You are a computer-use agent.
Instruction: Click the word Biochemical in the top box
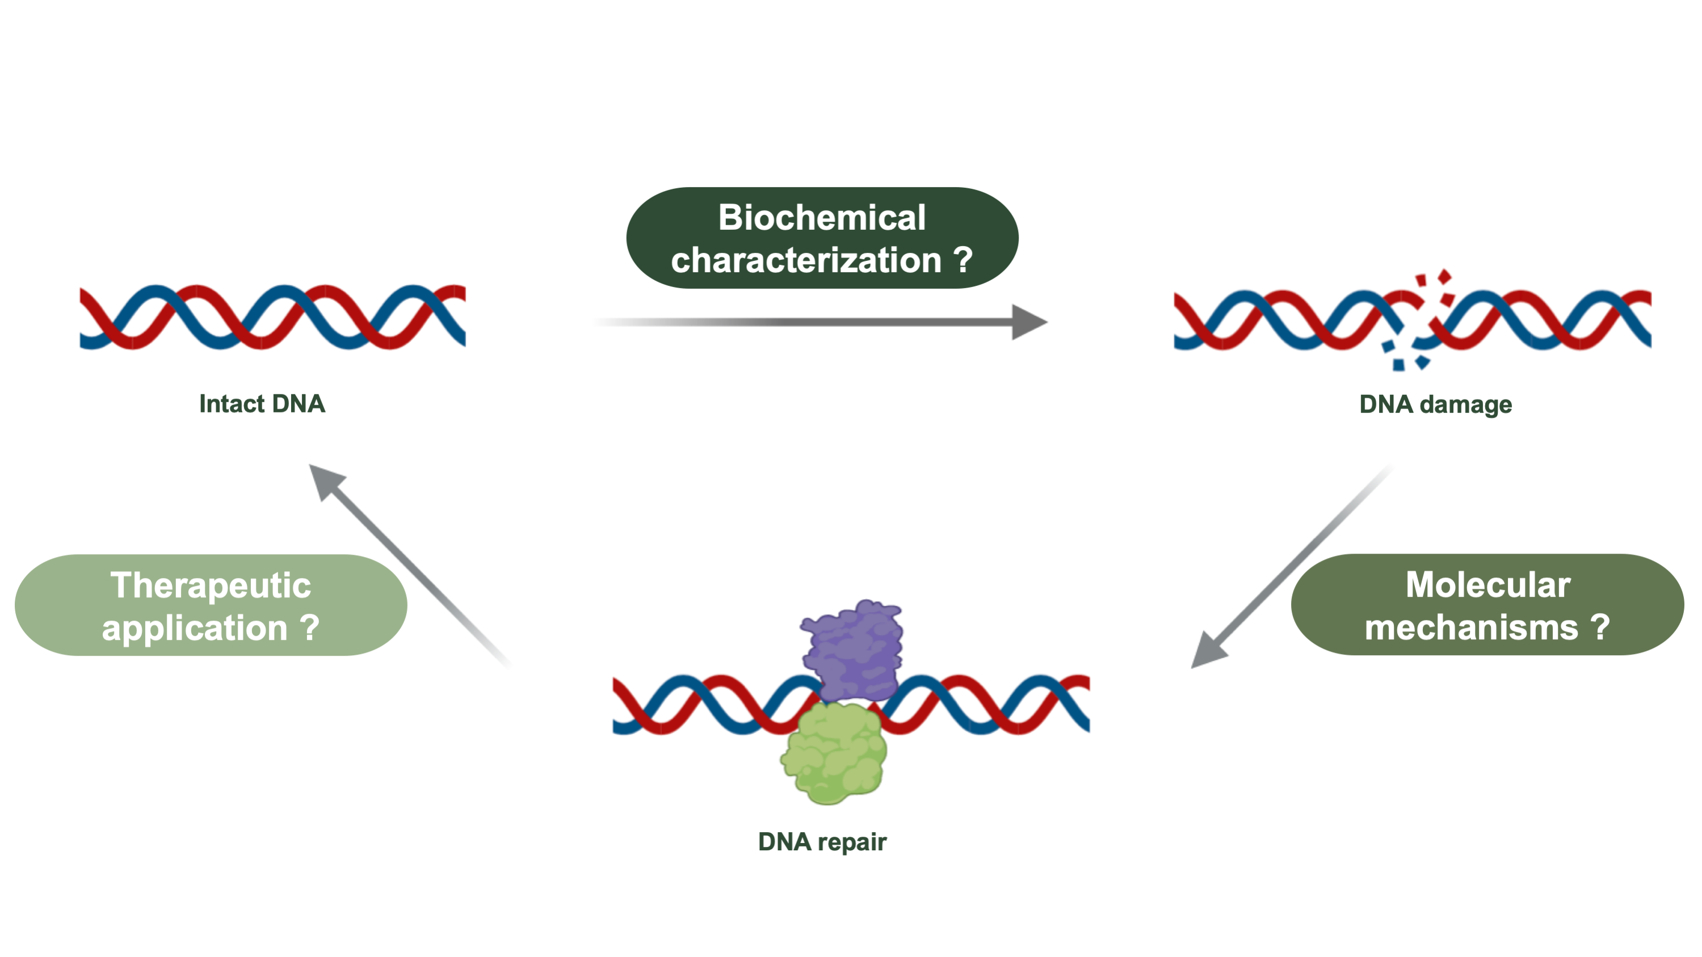[x=822, y=217]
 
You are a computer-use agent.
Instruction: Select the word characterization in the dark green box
[x=806, y=260]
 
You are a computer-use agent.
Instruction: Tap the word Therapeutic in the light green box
[x=211, y=585]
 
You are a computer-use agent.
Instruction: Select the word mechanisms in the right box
[x=1472, y=627]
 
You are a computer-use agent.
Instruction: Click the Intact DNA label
[x=262, y=403]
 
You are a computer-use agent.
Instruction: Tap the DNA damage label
[x=1436, y=404]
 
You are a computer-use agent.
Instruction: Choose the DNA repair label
[x=822, y=842]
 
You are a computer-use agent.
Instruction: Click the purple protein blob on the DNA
[x=852, y=651]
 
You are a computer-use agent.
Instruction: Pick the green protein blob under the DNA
[x=834, y=753]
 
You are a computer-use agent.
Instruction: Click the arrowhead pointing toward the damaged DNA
[x=1029, y=322]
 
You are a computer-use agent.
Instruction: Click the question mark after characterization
[x=963, y=260]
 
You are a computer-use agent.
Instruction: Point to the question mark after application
[x=309, y=627]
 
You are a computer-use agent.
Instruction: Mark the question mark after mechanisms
[x=1600, y=627]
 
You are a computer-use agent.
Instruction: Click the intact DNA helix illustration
[x=273, y=317]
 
